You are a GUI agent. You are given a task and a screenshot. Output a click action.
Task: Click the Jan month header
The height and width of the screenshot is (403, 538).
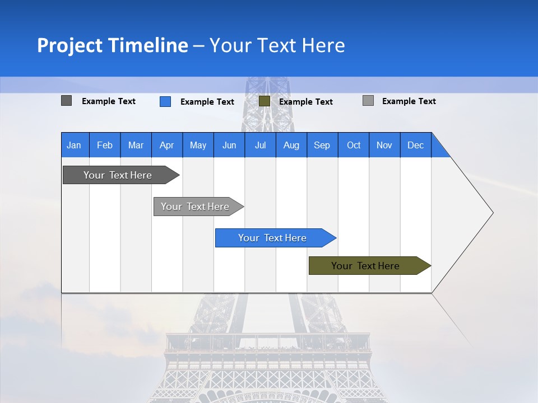[x=74, y=145]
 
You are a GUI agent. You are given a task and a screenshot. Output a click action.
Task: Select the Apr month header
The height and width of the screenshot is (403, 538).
[x=166, y=145]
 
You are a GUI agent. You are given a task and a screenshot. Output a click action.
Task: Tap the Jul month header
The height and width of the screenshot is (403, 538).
[x=260, y=145]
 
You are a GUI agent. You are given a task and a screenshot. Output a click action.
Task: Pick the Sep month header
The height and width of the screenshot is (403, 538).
[x=322, y=145]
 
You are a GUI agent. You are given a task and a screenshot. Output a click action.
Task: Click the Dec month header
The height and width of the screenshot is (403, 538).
[x=415, y=145]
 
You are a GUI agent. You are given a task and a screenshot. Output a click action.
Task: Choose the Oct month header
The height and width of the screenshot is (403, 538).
[x=354, y=145]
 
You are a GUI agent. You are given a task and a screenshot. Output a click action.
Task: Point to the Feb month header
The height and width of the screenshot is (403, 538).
[x=105, y=145]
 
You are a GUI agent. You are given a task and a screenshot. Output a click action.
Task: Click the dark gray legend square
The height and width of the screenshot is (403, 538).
[x=67, y=101]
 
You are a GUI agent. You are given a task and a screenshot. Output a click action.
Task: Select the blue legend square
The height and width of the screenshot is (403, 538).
[x=165, y=101]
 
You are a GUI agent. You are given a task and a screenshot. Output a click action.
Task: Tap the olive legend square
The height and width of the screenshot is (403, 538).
[x=265, y=101]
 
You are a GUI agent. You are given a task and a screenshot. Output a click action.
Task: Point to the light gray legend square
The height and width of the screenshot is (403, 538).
[x=368, y=101]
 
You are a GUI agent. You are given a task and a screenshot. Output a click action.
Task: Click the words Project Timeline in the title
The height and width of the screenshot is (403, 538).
[x=112, y=45]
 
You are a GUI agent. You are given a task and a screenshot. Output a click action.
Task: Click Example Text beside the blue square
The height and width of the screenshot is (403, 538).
[x=207, y=101]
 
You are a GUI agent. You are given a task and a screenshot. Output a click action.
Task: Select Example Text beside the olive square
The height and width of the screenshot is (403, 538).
[x=306, y=101]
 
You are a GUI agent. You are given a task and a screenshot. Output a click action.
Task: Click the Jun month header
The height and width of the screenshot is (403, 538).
[x=229, y=145]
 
